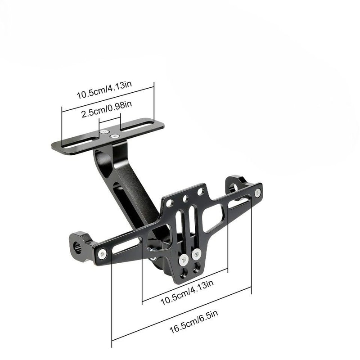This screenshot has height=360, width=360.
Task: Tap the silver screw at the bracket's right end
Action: click(257, 193)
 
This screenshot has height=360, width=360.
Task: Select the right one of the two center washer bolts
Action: click(196, 254)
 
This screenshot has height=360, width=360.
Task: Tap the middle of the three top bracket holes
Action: click(185, 197)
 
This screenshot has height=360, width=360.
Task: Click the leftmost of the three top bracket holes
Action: click(170, 202)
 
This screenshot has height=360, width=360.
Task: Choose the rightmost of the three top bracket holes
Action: click(201, 192)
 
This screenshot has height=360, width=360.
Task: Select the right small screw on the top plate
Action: click(115, 135)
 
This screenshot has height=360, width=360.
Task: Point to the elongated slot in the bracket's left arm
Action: click(126, 245)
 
